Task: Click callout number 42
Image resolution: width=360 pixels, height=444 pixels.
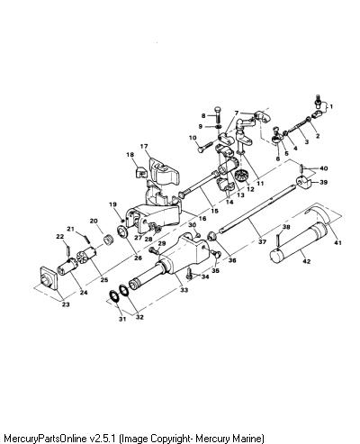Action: coord(306,261)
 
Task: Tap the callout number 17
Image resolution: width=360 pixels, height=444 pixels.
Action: coord(144,147)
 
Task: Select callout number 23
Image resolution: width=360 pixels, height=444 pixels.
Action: coord(66,304)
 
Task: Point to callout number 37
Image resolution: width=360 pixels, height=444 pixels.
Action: coord(262,241)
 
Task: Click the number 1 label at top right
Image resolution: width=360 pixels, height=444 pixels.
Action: coord(331,106)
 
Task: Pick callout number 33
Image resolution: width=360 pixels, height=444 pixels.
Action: coord(184,290)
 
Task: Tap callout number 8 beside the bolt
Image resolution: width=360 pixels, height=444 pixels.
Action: coord(203,115)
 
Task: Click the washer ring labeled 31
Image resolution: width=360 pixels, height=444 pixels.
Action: coord(113,295)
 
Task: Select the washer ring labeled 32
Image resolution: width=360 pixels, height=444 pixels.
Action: coord(124,290)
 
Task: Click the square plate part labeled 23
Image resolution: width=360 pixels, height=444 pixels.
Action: coord(48,277)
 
